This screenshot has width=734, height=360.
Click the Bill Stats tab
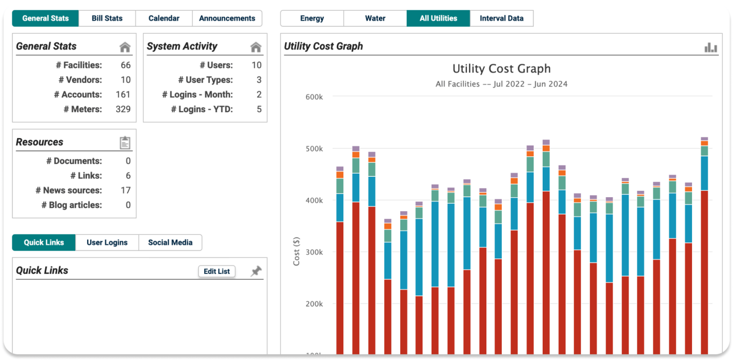click(107, 18)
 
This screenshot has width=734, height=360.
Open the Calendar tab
click(164, 18)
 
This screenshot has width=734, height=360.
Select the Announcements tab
click(227, 18)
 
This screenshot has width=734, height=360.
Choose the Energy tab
click(312, 18)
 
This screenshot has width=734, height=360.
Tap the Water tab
click(375, 18)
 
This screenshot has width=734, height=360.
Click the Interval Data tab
click(501, 18)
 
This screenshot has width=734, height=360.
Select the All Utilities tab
click(438, 18)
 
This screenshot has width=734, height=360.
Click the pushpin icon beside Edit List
click(256, 271)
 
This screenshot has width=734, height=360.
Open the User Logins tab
click(107, 242)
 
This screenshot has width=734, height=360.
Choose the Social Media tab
click(170, 242)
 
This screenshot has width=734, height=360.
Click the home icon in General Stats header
click(125, 47)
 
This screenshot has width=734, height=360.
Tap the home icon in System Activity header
click(256, 47)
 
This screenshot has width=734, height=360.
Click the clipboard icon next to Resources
click(125, 143)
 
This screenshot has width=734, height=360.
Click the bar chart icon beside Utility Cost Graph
click(711, 47)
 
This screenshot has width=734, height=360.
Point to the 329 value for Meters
click(123, 109)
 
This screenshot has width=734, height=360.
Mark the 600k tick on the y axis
click(314, 97)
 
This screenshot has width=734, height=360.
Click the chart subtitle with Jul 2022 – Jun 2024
click(501, 84)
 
